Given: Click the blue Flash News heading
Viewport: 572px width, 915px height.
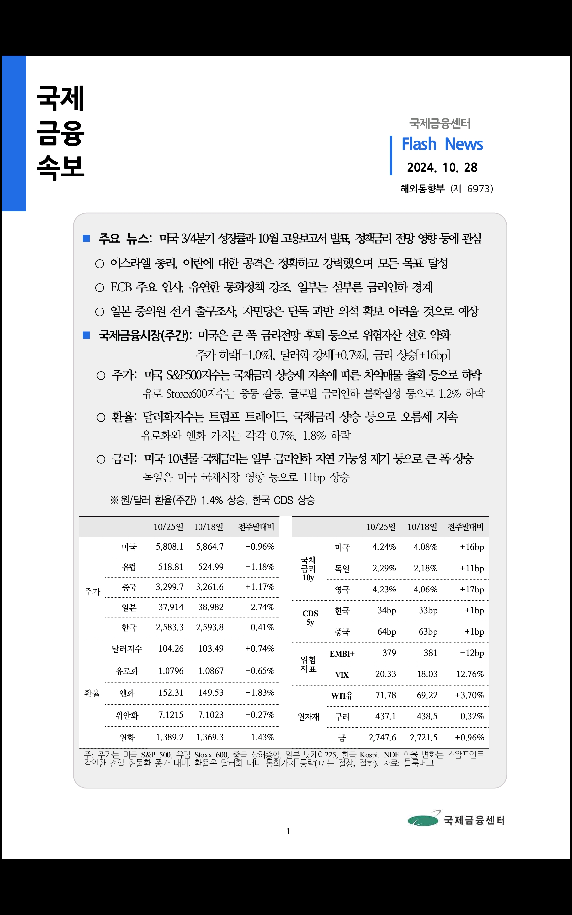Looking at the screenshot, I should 442,144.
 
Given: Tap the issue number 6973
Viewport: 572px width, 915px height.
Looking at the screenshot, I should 479,189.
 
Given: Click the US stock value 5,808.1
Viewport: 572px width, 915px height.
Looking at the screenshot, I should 169,547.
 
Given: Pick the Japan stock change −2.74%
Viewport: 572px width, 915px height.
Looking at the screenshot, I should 260,607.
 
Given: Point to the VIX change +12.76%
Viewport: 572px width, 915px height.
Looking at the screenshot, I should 467,674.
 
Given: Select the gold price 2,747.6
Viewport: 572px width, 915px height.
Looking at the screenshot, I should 382,738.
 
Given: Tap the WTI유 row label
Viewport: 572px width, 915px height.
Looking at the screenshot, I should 342,695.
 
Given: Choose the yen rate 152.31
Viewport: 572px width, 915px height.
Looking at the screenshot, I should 171,693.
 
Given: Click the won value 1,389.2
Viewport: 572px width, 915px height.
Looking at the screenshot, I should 169,737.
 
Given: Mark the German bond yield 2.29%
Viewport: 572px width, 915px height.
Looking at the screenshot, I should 384,568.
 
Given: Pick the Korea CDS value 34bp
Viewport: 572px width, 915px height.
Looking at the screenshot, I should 387,611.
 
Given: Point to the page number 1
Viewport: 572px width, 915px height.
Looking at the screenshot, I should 288,831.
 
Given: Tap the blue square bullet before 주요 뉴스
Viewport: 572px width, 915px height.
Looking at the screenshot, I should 86,238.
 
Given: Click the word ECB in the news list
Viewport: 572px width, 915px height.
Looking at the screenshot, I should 121,287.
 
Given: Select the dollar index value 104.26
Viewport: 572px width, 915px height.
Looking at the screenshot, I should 171,648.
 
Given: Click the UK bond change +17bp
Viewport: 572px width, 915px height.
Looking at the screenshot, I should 472,590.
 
